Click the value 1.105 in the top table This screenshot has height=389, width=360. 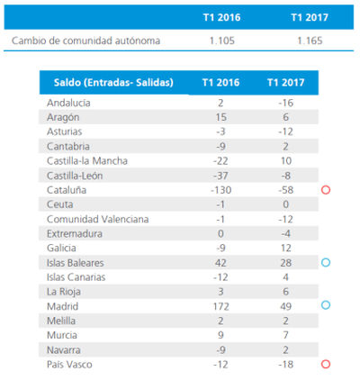click(x=222, y=41)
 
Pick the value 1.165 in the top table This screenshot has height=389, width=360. click(x=310, y=41)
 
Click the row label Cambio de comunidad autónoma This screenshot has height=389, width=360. click(x=85, y=41)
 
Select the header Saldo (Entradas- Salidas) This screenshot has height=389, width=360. click(x=113, y=82)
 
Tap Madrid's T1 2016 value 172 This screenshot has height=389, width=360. click(x=220, y=306)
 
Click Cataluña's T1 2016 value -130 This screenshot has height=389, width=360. click(x=220, y=190)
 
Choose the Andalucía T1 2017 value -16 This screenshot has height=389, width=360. click(x=285, y=103)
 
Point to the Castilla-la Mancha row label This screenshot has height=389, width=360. click(x=87, y=161)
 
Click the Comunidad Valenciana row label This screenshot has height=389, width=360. click(x=97, y=219)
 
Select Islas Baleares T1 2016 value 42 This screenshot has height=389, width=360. click(x=220, y=263)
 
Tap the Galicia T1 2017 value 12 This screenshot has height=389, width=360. click(x=285, y=248)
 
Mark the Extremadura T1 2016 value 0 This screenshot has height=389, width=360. click(x=220, y=233)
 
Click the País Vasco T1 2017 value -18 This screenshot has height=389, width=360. click(x=285, y=365)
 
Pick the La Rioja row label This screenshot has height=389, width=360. click(x=64, y=292)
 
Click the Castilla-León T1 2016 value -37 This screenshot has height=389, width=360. click(x=220, y=176)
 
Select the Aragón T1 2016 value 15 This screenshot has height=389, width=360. click(x=221, y=117)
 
